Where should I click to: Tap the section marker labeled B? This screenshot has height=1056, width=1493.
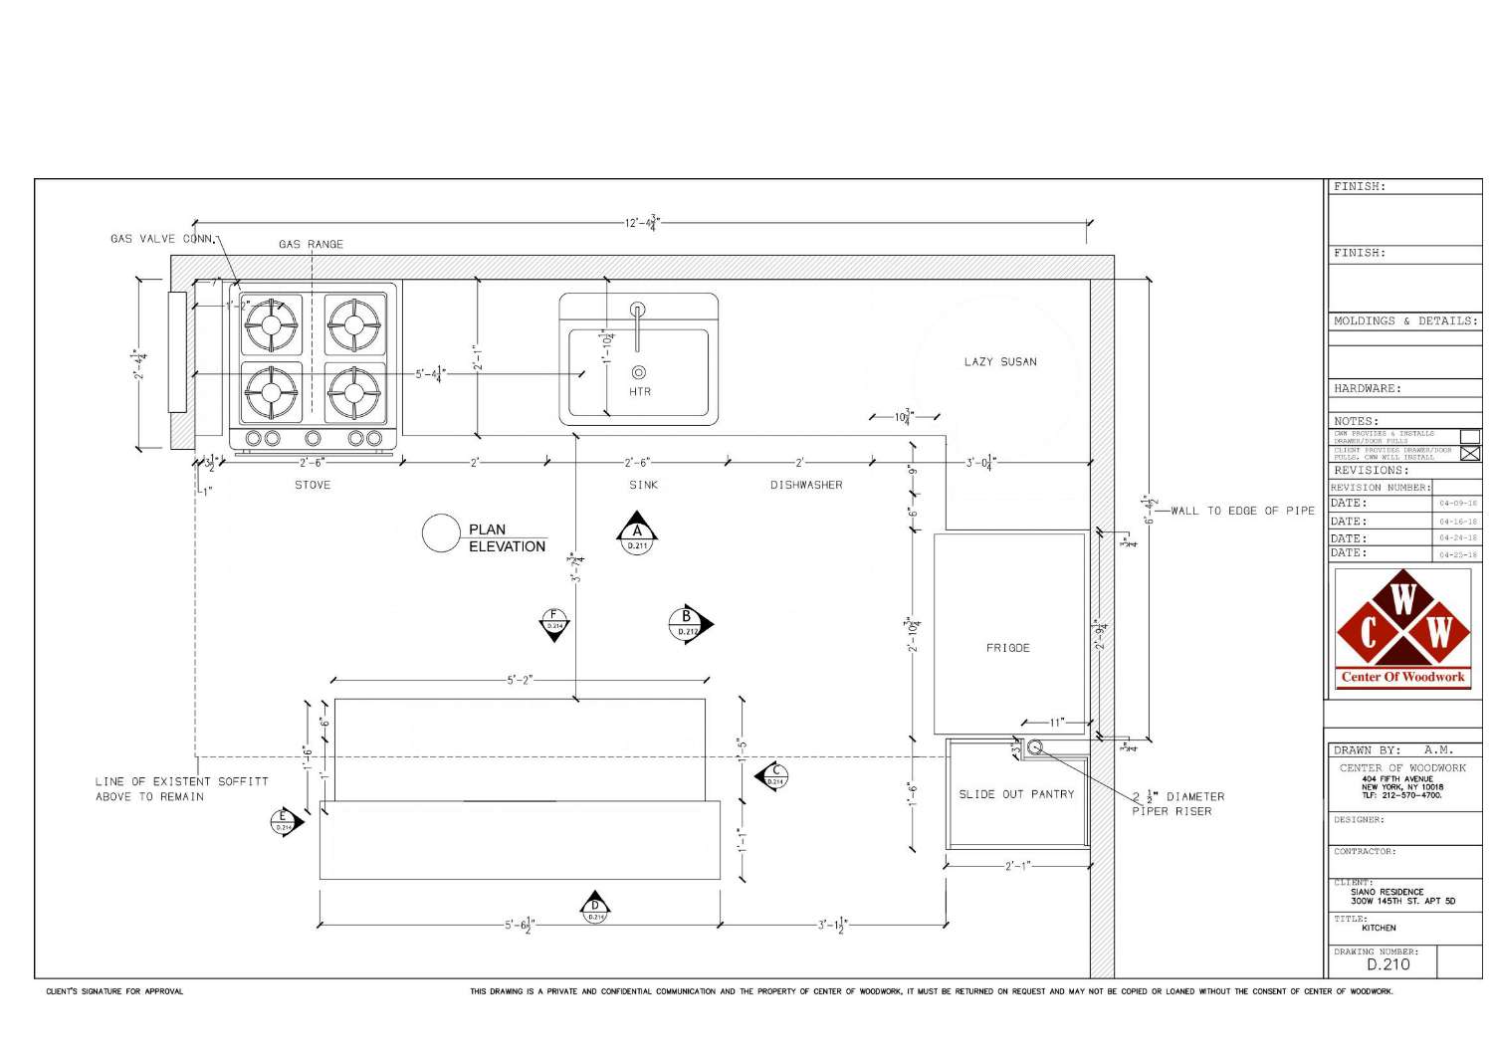coord(688,624)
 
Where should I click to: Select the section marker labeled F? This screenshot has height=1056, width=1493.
coord(554,623)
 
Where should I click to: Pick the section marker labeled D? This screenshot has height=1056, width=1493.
coord(595,908)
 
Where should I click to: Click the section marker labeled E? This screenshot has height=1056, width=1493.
coord(285,823)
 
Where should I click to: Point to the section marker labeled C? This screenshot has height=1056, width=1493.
coord(773,775)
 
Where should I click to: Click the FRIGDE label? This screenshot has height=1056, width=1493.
coord(1007,648)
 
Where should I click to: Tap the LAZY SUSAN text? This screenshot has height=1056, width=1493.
coord(999,362)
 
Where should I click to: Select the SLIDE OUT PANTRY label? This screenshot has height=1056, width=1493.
coord(1016,794)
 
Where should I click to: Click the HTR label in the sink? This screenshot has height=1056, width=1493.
coord(640,392)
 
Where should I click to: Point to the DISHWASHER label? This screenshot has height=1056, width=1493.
coord(806,486)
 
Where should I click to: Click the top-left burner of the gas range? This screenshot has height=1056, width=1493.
coord(272,324)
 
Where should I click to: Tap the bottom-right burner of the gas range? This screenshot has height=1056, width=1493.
coord(354,392)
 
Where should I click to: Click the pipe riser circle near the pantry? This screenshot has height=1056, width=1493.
coord(1034,746)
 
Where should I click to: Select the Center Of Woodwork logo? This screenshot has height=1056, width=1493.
coord(1403,629)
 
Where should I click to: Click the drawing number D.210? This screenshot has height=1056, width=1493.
coord(1387,964)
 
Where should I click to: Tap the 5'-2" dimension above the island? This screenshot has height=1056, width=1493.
coord(520,681)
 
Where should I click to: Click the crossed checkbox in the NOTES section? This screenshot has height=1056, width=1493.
coord(1469,454)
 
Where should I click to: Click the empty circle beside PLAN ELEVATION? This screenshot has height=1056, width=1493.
coord(441,533)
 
